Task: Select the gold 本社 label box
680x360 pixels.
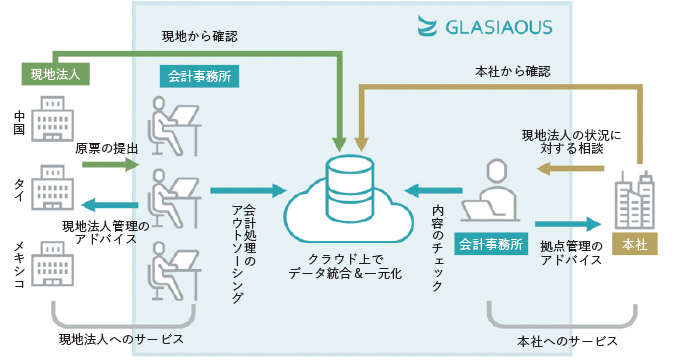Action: point(633,242)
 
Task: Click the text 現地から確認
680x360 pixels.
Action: point(200,37)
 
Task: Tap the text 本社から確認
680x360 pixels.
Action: point(511,72)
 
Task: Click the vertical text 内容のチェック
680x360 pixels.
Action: point(437,247)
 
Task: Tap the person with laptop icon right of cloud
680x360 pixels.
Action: point(493,194)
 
